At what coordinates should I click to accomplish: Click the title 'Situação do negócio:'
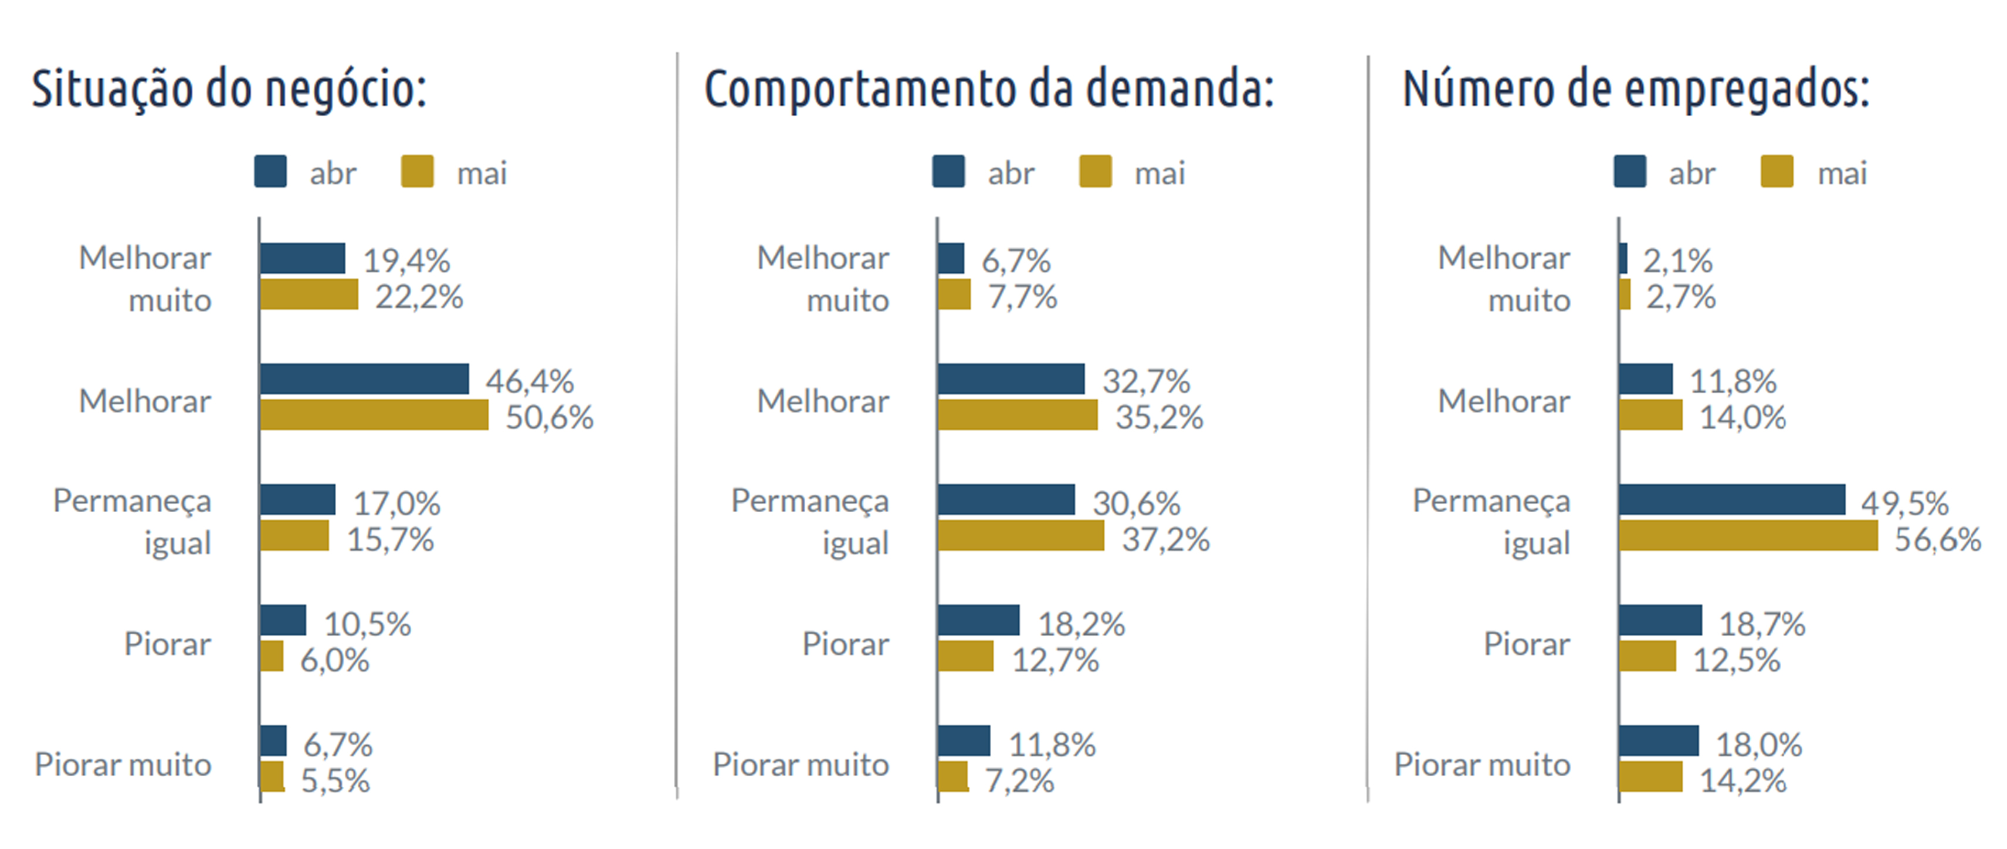coord(229,90)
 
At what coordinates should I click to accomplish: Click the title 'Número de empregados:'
coord(1635,90)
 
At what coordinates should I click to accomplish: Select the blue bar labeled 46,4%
coord(365,379)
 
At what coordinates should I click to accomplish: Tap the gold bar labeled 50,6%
coord(374,415)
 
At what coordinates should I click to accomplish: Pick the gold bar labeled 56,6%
coord(1748,536)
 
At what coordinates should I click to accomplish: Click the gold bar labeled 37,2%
coord(1021,536)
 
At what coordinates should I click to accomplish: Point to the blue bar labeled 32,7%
coord(1011,379)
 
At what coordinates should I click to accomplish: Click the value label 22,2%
coord(419,297)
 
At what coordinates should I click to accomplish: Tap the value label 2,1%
coord(1677,261)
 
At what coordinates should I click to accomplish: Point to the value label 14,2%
coord(1742,780)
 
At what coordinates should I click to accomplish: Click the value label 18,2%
coord(1081,624)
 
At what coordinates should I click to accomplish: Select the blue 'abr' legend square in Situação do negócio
coord(270,171)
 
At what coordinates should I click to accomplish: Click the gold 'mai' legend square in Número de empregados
coord(1777,171)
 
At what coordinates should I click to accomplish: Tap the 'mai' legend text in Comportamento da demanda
coord(1160,173)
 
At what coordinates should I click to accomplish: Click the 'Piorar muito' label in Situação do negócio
coord(123,765)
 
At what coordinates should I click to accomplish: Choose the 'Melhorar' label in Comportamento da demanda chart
coord(823,401)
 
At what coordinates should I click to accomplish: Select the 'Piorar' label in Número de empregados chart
coord(1526,644)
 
